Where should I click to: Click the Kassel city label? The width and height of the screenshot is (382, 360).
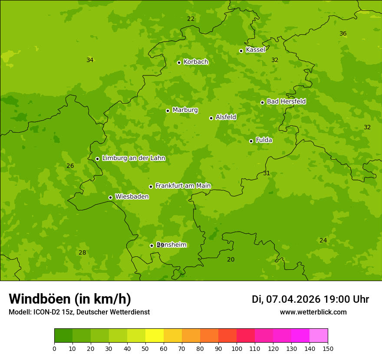pyautogui.click(x=255, y=50)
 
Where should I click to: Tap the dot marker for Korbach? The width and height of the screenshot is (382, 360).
pyautogui.click(x=179, y=62)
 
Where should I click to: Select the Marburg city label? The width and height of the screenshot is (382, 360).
pyautogui.click(x=185, y=110)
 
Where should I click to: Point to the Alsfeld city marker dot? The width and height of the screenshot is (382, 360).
pyautogui.click(x=211, y=118)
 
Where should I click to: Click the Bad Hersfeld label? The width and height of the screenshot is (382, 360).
pyautogui.click(x=286, y=101)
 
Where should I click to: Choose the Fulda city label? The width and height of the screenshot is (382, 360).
pyautogui.click(x=264, y=140)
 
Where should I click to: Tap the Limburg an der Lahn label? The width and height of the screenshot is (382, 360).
pyautogui.click(x=133, y=158)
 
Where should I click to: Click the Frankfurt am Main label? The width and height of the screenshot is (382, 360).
pyautogui.click(x=183, y=186)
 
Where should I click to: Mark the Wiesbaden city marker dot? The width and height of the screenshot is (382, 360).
pyautogui.click(x=110, y=197)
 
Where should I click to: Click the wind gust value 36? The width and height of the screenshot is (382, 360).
pyautogui.click(x=343, y=34)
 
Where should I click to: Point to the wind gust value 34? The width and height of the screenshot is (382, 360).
pyautogui.click(x=90, y=60)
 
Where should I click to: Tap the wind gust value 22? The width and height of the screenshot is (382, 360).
pyautogui.click(x=191, y=19)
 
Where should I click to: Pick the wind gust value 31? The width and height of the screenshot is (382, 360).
pyautogui.click(x=267, y=173)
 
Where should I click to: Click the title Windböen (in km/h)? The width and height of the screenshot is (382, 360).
pyautogui.click(x=70, y=299)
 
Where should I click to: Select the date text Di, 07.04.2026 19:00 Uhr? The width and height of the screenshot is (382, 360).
pyautogui.click(x=310, y=299)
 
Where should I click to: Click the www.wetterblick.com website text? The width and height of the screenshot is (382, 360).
pyautogui.click(x=313, y=312)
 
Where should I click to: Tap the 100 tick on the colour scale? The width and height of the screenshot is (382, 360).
pyautogui.click(x=237, y=348)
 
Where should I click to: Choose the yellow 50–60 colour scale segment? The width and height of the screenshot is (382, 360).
pyautogui.click(x=155, y=336)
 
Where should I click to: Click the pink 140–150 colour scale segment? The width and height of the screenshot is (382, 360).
pyautogui.click(x=319, y=336)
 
